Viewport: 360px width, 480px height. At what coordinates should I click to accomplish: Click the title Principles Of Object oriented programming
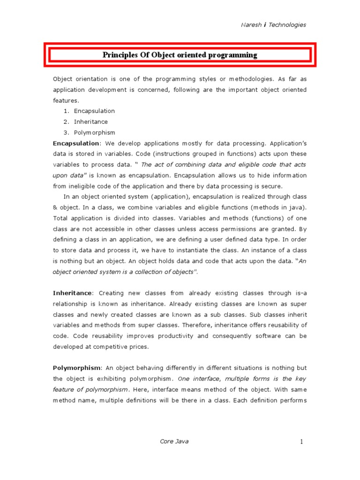[x=180, y=55]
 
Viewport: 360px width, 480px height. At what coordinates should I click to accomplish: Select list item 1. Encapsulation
[x=94, y=111]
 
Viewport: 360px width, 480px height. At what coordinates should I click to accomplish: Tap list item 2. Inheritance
[x=91, y=122]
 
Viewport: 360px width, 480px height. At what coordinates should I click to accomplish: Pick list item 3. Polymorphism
[x=94, y=133]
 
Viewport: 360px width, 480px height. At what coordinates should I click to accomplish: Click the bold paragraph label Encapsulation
[x=76, y=143]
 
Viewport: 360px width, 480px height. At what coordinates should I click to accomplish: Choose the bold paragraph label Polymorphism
[x=76, y=368]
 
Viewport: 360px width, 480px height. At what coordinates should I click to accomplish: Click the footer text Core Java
[x=174, y=442]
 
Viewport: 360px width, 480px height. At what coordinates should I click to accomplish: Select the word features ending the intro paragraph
[x=66, y=100]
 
